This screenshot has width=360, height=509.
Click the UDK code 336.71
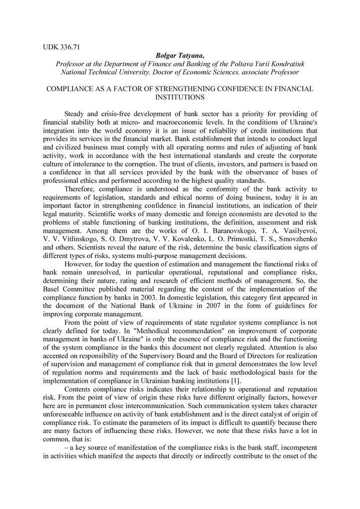(71, 48)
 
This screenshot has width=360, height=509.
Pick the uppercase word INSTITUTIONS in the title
(180, 97)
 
